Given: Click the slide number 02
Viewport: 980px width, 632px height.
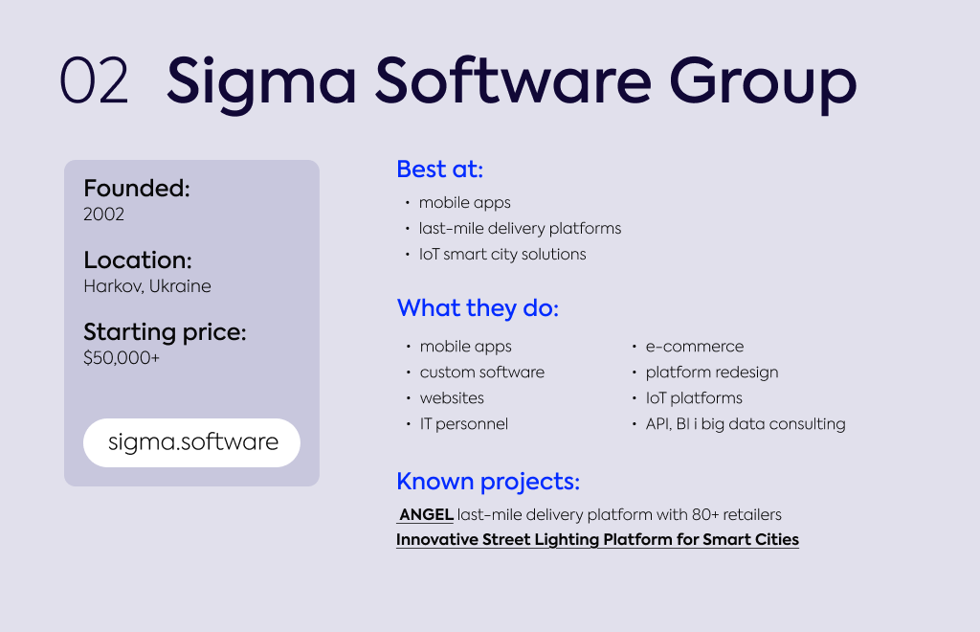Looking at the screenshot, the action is tap(94, 80).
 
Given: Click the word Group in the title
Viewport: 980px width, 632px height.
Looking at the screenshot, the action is tap(763, 85).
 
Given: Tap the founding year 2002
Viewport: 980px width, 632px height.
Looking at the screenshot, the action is tap(103, 214).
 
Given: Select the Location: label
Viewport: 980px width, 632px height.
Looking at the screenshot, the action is tap(138, 260).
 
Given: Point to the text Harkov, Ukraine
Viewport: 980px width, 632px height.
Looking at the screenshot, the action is tap(147, 286).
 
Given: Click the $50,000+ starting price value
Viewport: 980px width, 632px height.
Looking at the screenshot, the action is tap(122, 358).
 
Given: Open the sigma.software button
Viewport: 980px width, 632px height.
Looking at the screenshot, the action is tap(191, 442).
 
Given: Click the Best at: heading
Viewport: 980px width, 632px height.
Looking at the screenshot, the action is tap(440, 169).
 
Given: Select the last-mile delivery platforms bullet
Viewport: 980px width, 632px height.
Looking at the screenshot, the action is tap(520, 229).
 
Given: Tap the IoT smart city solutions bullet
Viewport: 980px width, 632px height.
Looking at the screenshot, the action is tap(502, 255).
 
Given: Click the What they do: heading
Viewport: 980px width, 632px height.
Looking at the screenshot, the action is tap(478, 308).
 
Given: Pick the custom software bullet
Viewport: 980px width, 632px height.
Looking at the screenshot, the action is tap(482, 372).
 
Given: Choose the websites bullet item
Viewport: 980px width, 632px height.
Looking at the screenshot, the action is tap(452, 398).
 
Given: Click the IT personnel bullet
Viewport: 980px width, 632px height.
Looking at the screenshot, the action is tap(464, 424).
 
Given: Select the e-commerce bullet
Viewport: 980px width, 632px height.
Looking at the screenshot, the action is tap(695, 347).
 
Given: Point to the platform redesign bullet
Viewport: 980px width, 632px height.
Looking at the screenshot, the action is tap(712, 372).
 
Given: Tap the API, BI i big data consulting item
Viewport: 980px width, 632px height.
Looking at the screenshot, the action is tap(745, 424).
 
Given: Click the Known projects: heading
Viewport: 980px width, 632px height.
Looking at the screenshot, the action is tap(488, 482).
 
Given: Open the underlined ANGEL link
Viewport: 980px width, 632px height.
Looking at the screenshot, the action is tap(426, 515).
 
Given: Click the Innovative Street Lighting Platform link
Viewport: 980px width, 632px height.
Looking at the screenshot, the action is tap(597, 540).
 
